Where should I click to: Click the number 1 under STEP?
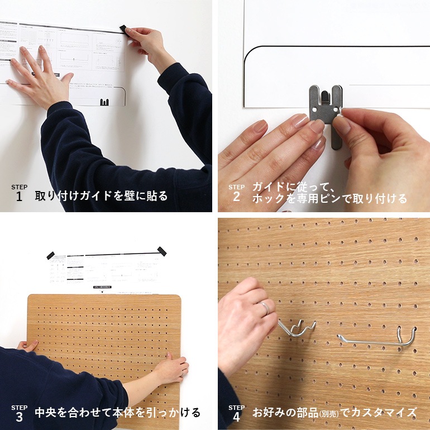coord(19,197)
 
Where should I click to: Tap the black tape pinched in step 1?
coord(123,28)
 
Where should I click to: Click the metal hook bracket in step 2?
coord(324,114)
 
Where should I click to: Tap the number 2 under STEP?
coord(236,197)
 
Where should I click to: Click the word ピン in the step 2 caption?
coord(342,198)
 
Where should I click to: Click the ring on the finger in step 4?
coord(265,307)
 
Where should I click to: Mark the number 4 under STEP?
coord(236,417)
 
